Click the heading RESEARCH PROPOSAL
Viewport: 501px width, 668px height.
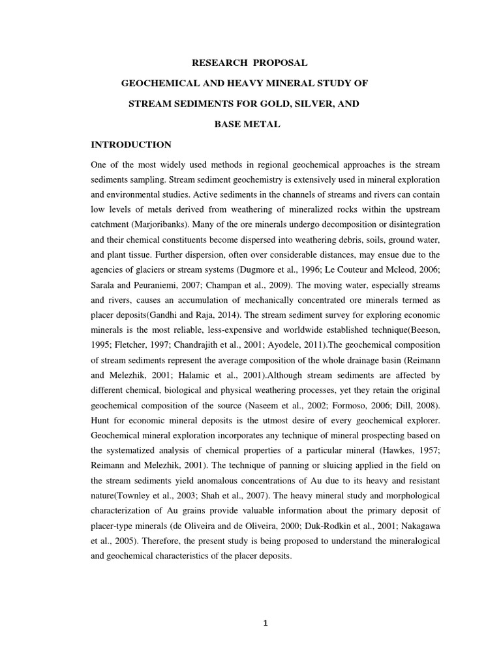[x=247, y=63]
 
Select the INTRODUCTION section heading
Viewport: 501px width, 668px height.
[x=130, y=145]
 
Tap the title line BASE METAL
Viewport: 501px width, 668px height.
[x=247, y=125]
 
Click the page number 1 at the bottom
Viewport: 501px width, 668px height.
[x=265, y=623]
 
